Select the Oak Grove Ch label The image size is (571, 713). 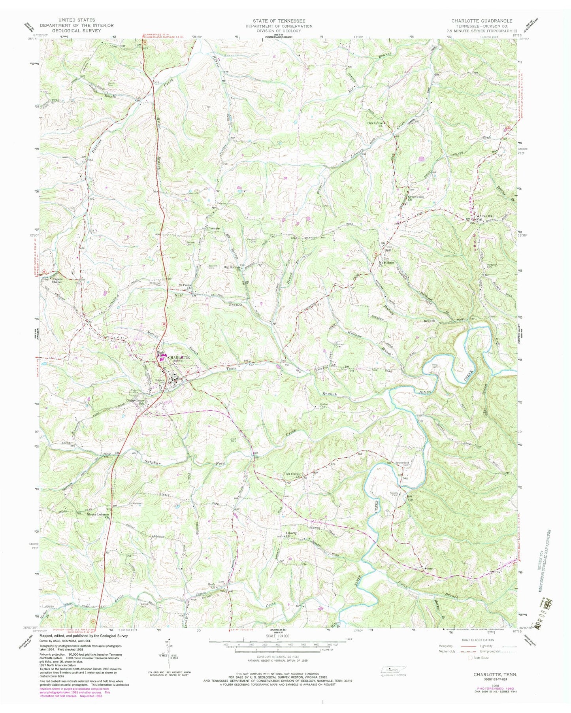pyautogui.click(x=375, y=125)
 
